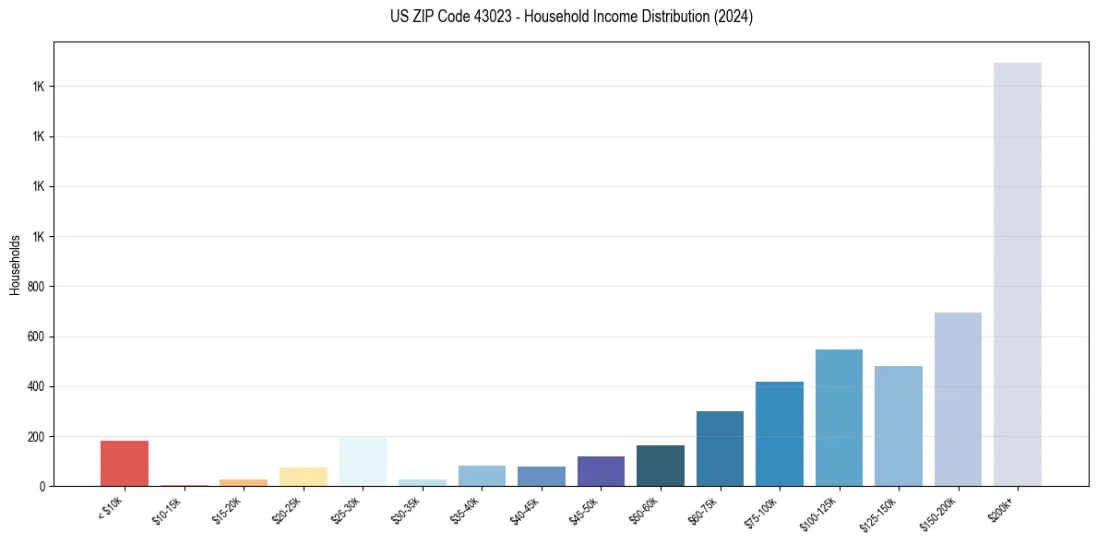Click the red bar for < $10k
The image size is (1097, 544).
pos(125,464)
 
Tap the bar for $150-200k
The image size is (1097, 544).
pos(958,399)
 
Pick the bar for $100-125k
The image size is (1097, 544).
pos(839,418)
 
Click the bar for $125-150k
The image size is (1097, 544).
pos(899,426)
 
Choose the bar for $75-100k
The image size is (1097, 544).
pos(780,434)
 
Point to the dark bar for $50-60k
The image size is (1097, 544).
pos(661,466)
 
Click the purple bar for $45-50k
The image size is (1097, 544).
pos(601,471)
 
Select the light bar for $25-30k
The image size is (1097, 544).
pos(363,462)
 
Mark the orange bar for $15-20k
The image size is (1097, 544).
pos(244,482)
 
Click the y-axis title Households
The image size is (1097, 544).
pos(16,265)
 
